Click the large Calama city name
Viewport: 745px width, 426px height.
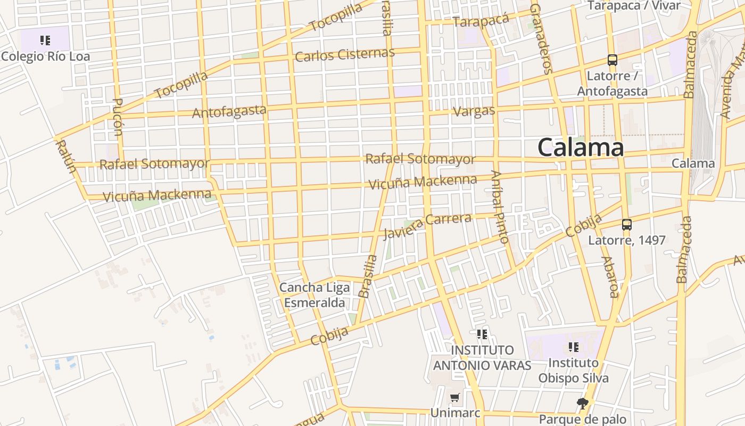tap(580, 147)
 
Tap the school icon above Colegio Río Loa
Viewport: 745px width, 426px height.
tap(45, 40)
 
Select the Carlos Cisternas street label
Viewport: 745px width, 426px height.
tap(345, 54)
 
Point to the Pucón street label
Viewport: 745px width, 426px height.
tap(118, 117)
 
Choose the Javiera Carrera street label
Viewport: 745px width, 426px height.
tap(427, 226)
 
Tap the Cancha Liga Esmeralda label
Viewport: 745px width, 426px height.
tap(314, 295)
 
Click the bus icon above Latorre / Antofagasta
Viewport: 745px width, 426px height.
tap(612, 60)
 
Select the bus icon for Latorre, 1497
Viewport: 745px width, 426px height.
tap(626, 225)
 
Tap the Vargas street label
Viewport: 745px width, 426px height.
tap(474, 111)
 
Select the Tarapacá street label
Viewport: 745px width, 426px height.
tap(481, 20)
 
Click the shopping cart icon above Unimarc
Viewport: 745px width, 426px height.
tap(454, 398)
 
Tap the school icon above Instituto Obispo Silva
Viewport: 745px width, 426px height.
tap(573, 347)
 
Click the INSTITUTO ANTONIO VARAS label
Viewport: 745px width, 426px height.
tap(482, 357)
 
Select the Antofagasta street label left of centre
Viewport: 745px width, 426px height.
tap(229, 112)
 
